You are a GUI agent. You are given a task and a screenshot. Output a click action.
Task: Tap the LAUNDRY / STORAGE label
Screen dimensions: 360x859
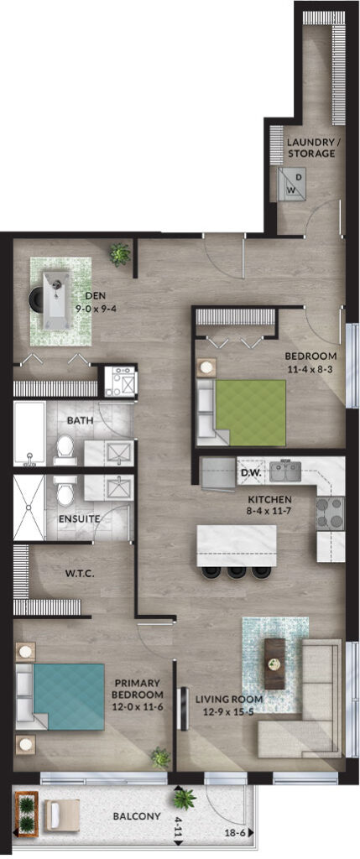click(310, 148)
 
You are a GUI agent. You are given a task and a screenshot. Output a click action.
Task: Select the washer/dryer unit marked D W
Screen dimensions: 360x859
click(291, 184)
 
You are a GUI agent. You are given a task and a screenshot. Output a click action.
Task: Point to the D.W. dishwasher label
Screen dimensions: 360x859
click(249, 471)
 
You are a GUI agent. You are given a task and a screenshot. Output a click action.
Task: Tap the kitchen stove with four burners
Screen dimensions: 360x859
click(330, 513)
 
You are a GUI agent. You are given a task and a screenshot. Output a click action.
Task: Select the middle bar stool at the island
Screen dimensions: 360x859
click(236, 572)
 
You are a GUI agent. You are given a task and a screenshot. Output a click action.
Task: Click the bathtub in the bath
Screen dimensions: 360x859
click(29, 434)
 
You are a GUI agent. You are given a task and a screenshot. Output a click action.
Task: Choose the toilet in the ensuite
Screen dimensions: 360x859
click(65, 490)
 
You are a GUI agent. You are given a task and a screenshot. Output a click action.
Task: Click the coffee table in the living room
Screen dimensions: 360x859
click(274, 664)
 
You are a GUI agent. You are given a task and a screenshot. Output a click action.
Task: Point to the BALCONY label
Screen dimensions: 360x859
click(137, 816)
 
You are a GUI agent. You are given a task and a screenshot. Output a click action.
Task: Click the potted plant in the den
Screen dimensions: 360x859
click(120, 253)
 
